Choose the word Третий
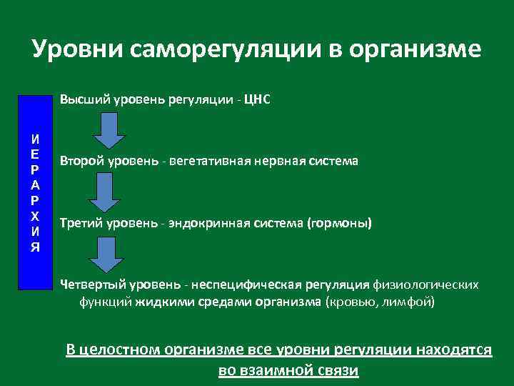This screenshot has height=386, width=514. click(81, 223)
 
